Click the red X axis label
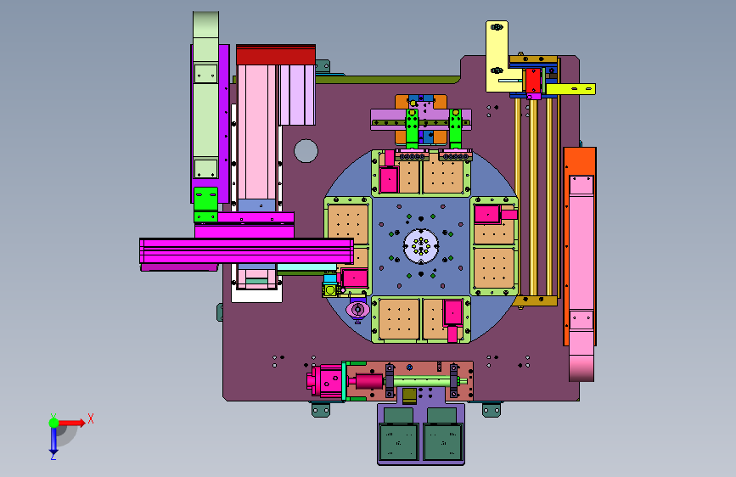tap(91, 418)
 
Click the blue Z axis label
tap(53, 456)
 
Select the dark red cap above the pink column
tap(276, 55)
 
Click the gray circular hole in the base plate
tap(306, 151)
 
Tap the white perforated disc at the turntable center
tap(421, 246)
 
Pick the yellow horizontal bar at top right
tap(570, 89)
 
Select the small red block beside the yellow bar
tap(533, 81)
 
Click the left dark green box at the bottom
tap(398, 441)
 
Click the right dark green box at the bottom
tap(443, 441)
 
